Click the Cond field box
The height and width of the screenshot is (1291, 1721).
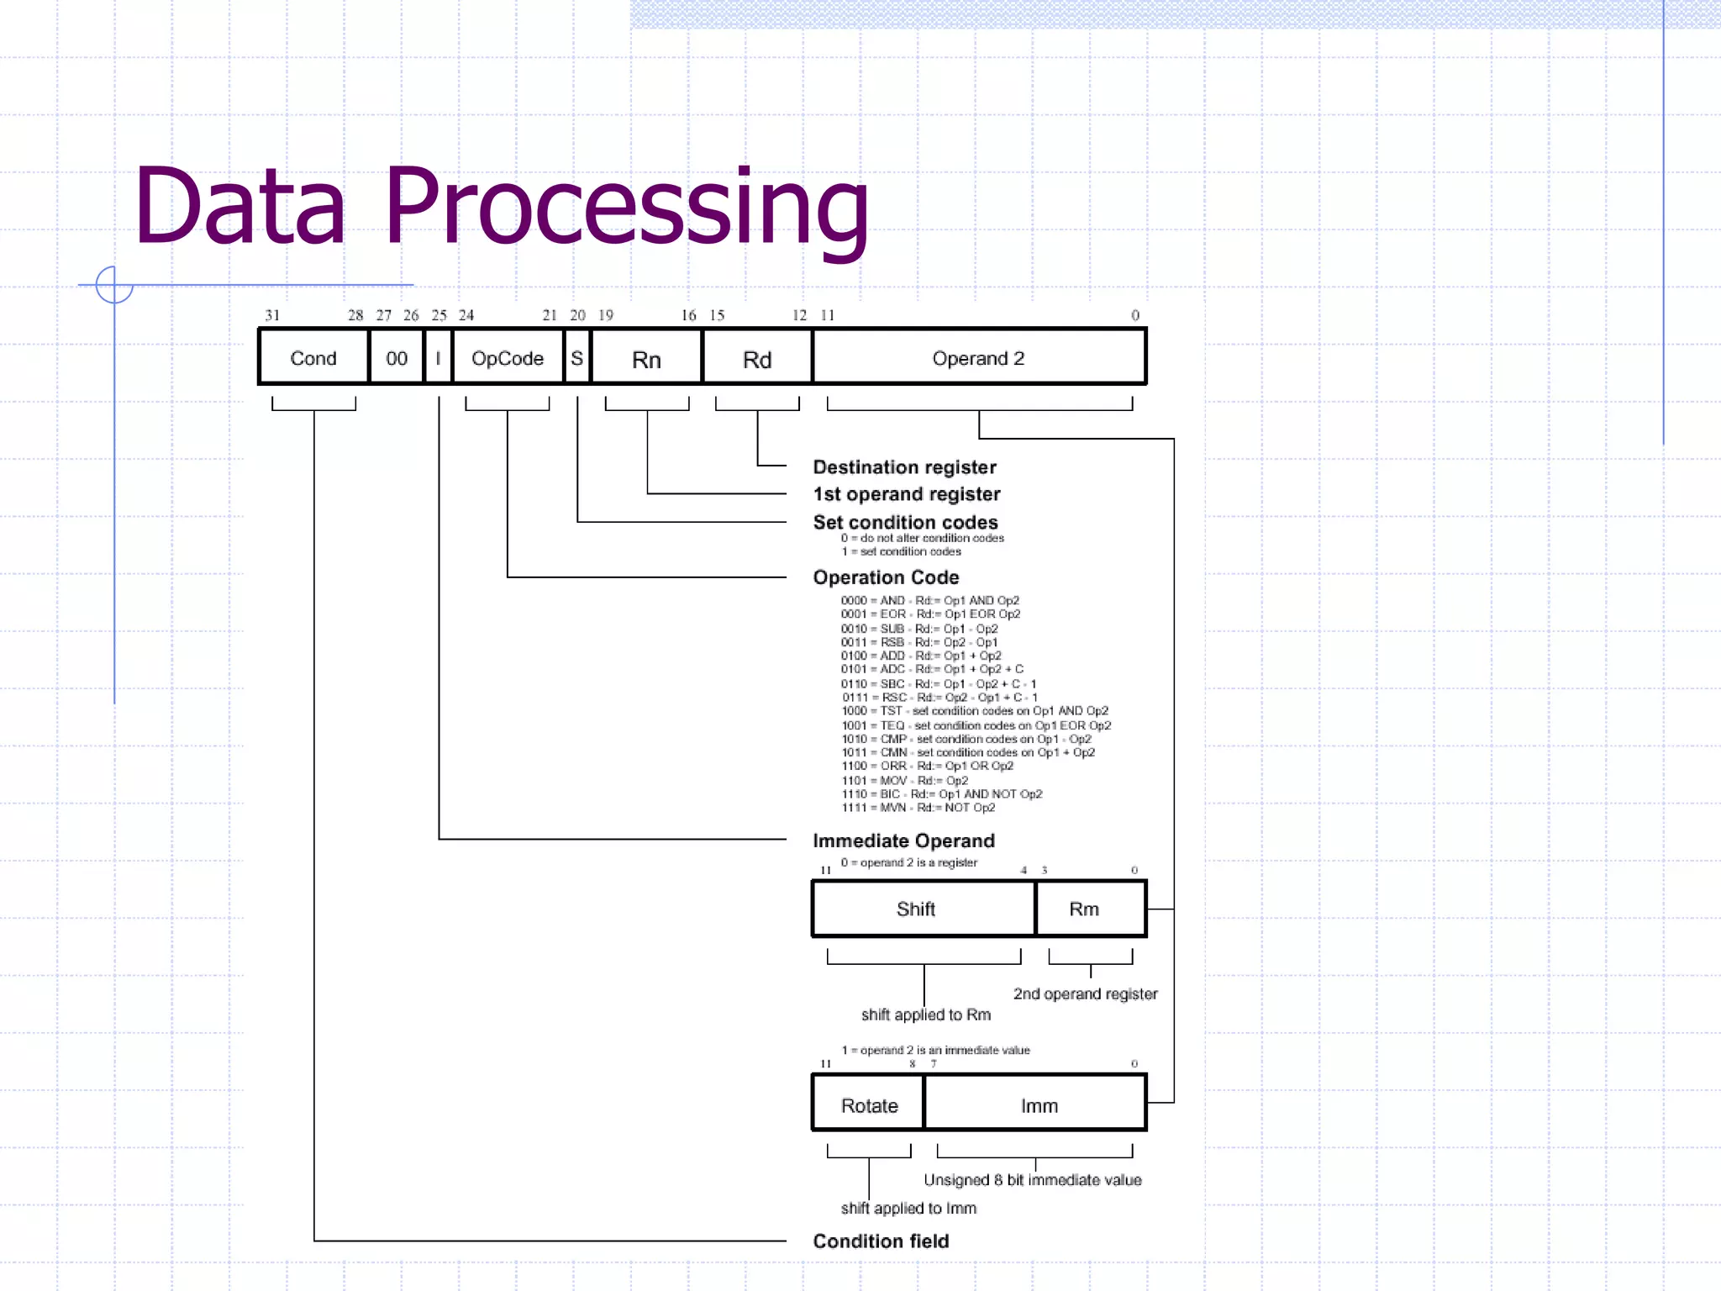(x=313, y=358)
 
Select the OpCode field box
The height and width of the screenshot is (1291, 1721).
(x=507, y=358)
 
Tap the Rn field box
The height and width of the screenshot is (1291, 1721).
(x=646, y=359)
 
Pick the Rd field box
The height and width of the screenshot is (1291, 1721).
(x=757, y=359)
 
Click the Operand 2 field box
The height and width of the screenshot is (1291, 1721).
(x=978, y=358)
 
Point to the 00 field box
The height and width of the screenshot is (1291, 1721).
(x=396, y=358)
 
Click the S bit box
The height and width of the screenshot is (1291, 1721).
(x=576, y=358)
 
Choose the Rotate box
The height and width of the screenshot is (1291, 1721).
(x=869, y=1104)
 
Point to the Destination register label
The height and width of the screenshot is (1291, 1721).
(x=904, y=467)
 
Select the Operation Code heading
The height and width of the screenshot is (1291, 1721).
(x=886, y=577)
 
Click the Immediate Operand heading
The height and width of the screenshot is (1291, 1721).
(x=903, y=840)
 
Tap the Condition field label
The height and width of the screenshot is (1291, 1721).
(x=881, y=1241)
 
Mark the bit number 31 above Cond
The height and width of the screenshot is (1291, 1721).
(x=272, y=315)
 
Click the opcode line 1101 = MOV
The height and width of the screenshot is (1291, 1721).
(x=904, y=780)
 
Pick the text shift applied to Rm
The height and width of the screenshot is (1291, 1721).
(x=925, y=1014)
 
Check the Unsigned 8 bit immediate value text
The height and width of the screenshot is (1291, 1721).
(x=1032, y=1179)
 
